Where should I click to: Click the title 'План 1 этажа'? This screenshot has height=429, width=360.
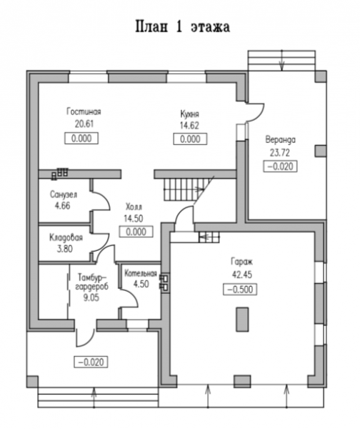tap(182, 27)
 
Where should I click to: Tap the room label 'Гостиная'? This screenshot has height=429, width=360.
tap(84, 112)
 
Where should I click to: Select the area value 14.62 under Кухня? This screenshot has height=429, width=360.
tap(189, 126)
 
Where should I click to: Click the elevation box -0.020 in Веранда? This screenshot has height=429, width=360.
tap(280, 167)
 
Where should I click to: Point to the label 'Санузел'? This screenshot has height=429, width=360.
tap(64, 194)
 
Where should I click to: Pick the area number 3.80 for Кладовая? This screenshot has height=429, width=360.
tap(64, 249)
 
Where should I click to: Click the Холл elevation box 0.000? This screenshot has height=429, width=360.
tap(136, 232)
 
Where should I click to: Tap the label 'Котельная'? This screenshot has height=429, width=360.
tap(141, 273)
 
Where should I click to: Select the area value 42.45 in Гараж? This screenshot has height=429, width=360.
tap(242, 275)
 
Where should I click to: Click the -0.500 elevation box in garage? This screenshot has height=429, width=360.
tap(240, 290)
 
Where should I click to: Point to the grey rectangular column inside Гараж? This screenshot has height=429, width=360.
tap(242, 319)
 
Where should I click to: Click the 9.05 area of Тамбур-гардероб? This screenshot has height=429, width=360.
tap(91, 297)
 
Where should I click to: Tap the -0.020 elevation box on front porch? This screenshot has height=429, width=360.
tap(91, 362)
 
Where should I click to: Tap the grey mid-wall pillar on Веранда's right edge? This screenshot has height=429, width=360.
tap(321, 151)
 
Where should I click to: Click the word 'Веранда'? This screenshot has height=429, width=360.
tap(281, 140)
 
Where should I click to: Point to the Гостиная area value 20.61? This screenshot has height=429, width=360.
tap(84, 124)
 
